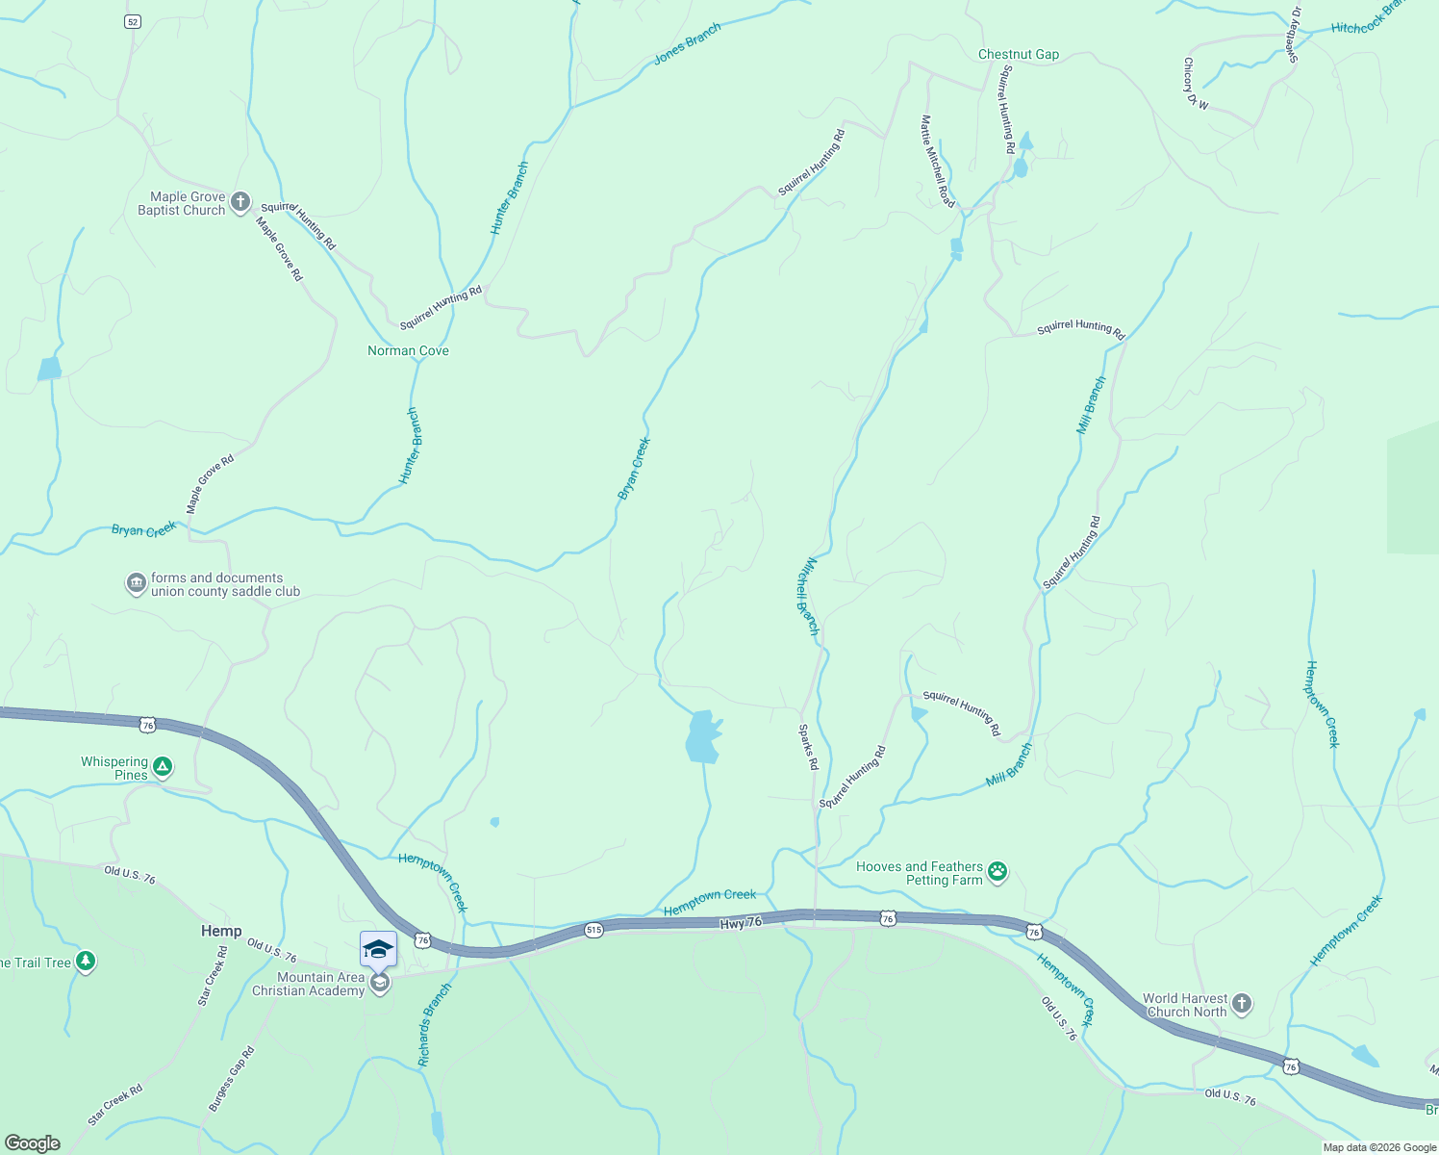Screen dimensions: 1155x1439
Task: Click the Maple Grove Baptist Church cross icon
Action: click(240, 203)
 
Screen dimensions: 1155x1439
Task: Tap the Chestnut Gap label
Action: click(1018, 55)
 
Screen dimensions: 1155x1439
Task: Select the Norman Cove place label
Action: click(408, 351)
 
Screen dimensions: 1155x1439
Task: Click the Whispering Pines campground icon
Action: click(164, 767)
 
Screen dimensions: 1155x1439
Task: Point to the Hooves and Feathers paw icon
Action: click(998, 872)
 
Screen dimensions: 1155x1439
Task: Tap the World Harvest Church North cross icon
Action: click(1242, 1004)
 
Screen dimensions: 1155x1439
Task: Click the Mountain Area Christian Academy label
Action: click(308, 984)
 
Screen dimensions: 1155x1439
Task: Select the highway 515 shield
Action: click(594, 930)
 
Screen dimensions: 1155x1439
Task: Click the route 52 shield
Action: click(133, 21)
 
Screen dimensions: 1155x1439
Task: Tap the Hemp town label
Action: click(221, 931)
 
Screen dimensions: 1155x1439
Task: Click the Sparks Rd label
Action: click(808, 747)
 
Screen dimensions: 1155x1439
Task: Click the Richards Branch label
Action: click(435, 1025)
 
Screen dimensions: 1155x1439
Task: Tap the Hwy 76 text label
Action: click(741, 922)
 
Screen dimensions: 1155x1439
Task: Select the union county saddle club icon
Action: click(137, 584)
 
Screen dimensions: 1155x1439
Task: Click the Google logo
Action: click(33, 1143)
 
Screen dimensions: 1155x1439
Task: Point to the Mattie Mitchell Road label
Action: click(937, 161)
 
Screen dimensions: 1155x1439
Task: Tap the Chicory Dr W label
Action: click(1195, 84)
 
